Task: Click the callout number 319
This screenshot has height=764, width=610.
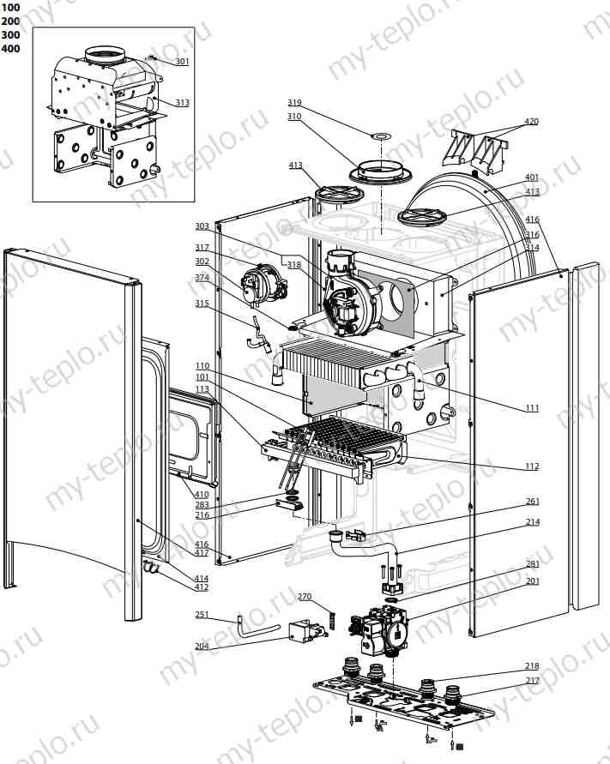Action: click(294, 103)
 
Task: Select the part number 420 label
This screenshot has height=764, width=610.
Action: click(532, 122)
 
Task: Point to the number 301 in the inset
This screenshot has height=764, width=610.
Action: click(183, 62)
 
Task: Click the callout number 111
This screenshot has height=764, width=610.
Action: click(532, 408)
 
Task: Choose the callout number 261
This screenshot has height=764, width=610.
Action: click(532, 502)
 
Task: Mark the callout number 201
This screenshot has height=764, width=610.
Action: click(532, 581)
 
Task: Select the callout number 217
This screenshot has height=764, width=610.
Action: click(532, 681)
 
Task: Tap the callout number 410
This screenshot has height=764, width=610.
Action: click(202, 495)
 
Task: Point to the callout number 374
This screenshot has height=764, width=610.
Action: click(202, 277)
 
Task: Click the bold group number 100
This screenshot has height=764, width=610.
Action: click(11, 7)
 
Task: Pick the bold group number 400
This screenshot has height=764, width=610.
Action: click(11, 48)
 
